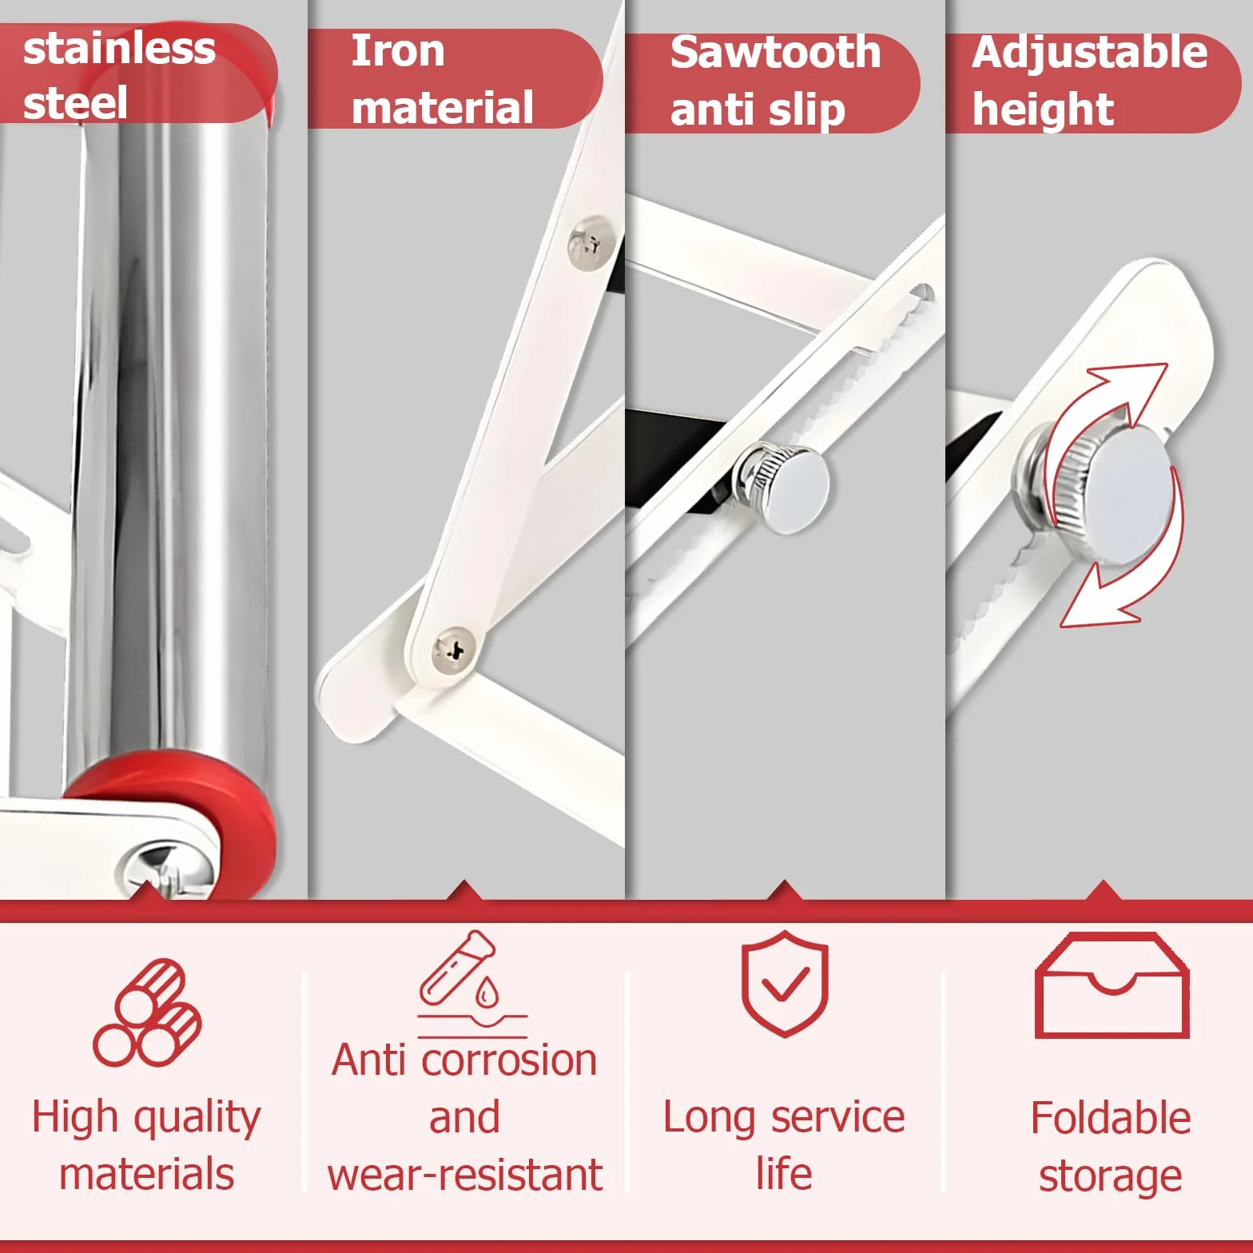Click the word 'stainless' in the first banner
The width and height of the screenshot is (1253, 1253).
point(119,49)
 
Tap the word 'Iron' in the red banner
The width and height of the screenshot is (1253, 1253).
point(398,51)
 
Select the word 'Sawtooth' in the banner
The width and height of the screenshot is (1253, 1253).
point(775,53)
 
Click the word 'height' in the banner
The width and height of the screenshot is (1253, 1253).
point(1043,109)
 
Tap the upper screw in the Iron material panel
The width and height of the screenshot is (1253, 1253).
point(591,242)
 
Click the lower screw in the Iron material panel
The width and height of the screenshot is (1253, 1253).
point(453,650)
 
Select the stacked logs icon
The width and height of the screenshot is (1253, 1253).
point(147,1012)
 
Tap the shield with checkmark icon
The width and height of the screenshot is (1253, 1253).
point(785,983)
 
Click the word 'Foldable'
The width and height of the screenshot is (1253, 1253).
point(1111,1117)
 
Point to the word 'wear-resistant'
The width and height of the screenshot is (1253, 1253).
point(465,1175)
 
